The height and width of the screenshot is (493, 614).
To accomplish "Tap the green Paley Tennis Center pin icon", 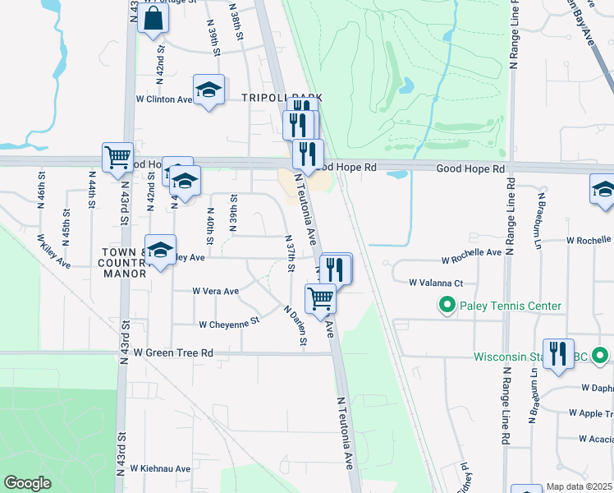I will (447, 306).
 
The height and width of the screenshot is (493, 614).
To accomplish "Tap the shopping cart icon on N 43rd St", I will (118, 156).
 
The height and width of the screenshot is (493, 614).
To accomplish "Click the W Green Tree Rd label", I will (173, 352).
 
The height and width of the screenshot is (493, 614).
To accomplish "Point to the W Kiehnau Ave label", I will (160, 468).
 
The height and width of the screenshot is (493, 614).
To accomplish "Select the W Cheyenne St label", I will (228, 324).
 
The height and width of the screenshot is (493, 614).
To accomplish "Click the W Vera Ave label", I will (215, 291).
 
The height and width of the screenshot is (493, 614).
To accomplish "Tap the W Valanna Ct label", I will (437, 282).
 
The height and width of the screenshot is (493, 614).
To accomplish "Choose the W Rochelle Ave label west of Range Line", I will (471, 259).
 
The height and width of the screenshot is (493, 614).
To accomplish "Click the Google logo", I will (27, 483).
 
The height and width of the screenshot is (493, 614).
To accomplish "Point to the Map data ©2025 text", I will (579, 487).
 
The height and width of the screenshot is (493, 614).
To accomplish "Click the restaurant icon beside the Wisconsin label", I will (558, 353).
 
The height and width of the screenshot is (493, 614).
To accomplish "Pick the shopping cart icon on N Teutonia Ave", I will (320, 298).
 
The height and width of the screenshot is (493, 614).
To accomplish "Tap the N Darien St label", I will (295, 326).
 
